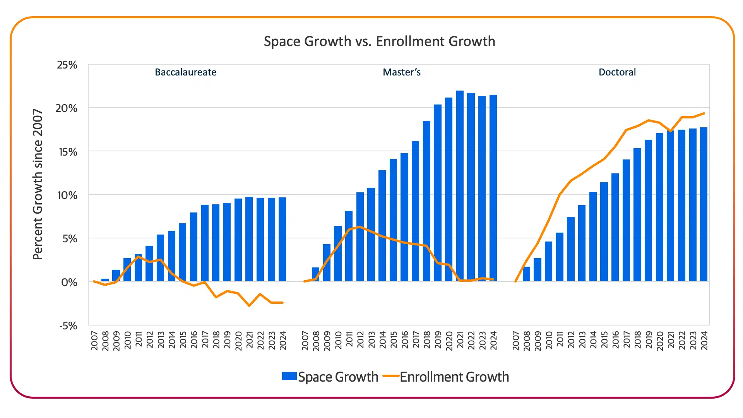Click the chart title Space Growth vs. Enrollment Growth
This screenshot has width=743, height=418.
pos(379,41)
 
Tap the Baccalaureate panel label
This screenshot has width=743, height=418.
pos(185,72)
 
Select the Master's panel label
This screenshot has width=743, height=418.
pos(401,72)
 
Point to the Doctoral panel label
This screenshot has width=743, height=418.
pos(617,72)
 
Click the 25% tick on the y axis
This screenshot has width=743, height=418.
pos(67,65)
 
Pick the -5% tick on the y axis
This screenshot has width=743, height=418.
pos(68,326)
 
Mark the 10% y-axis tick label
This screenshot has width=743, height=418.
pos(67,195)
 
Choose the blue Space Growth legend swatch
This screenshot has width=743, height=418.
pos(289,376)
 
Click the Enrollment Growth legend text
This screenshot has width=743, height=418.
pos(454,377)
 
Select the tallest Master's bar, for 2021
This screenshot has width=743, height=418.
pos(460,186)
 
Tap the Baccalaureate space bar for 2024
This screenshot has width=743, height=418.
pos(282,239)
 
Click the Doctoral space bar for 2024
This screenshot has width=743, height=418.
pos(704,204)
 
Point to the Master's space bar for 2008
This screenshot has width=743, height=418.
pos(316,274)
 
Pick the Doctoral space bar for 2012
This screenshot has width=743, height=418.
pos(571,249)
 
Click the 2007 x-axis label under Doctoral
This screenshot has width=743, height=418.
pos(515,341)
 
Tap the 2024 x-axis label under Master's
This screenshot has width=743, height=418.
pos(493,341)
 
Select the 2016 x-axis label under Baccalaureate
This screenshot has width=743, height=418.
pos(194,341)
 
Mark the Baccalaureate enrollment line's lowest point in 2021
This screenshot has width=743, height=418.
pos(249,306)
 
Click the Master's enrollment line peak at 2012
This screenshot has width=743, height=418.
pos(360,227)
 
